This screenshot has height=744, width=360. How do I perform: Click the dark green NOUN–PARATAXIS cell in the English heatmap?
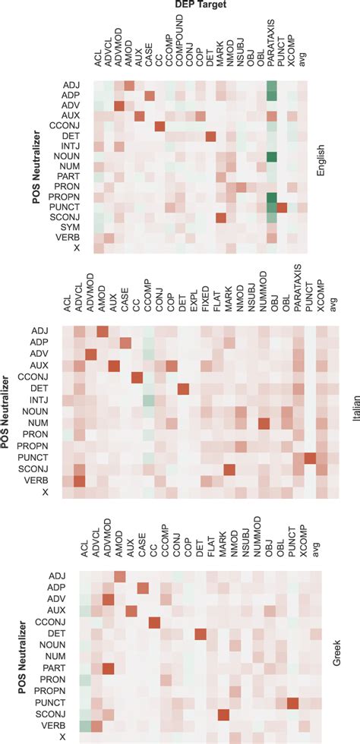coord(272,157)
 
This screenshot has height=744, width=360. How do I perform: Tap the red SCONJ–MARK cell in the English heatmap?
coord(221,218)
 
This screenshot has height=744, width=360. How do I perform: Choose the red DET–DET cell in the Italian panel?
coord(183,389)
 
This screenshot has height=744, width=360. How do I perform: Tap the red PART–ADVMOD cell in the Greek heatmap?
coord(108,669)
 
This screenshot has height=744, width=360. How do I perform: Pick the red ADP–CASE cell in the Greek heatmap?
coord(143,588)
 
